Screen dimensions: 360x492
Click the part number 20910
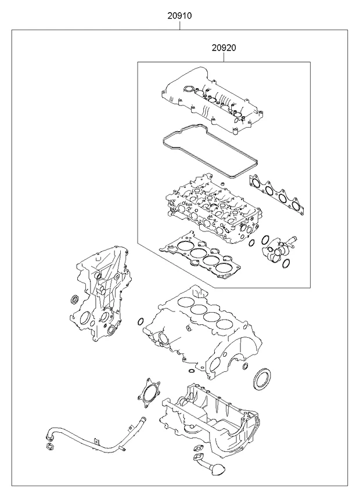[179, 15]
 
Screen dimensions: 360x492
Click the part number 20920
[224, 48]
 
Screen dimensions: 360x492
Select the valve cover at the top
[211, 100]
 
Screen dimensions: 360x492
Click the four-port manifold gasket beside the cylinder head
[276, 195]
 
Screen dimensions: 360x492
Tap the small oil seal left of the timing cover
[75, 299]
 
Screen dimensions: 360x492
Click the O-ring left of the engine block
[141, 321]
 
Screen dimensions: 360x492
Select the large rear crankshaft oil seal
[261, 380]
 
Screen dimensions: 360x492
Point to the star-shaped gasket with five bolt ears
[149, 394]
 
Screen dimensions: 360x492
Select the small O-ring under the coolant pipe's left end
[49, 446]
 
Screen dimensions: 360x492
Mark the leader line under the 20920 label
[224, 57]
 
